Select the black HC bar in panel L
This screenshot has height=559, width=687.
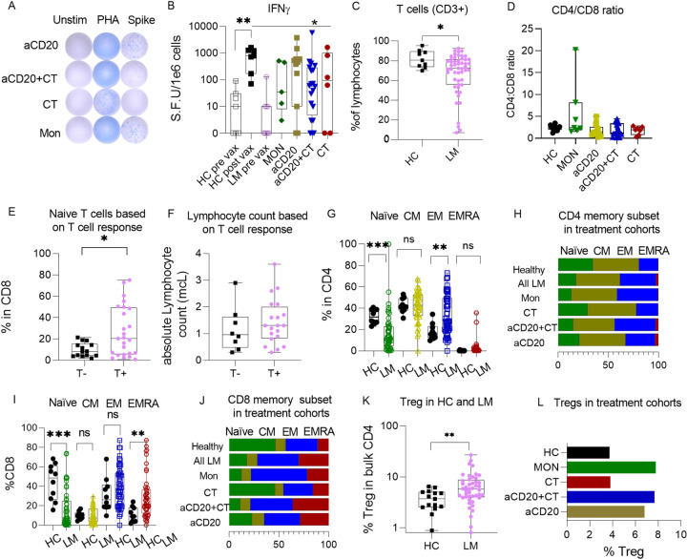pos(588,452)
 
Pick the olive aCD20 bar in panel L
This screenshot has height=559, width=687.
pos(606,511)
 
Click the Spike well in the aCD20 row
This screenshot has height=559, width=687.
pos(135,47)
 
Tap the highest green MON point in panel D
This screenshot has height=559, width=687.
pos(575,49)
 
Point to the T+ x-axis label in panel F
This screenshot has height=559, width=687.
pos(274,373)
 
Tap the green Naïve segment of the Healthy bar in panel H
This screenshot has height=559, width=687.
pos(575,265)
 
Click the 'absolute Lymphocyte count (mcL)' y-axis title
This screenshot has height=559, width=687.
pos(175,306)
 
